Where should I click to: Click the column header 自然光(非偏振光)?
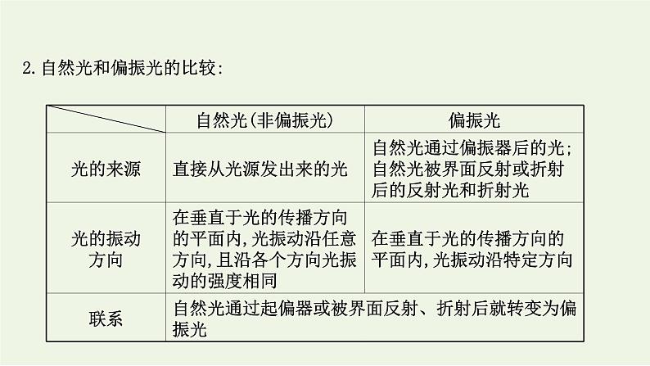[x=264, y=120]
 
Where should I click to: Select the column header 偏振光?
[x=473, y=120]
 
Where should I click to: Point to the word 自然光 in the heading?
[x=59, y=70]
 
